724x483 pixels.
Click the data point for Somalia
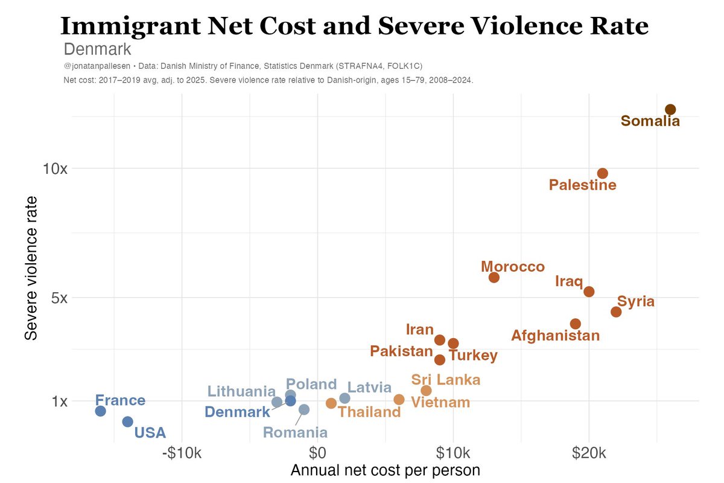pyautogui.click(x=670, y=109)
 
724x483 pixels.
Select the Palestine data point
pyautogui.click(x=602, y=173)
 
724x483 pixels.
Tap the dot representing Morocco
pyautogui.click(x=494, y=277)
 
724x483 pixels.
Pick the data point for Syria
pyautogui.click(x=616, y=312)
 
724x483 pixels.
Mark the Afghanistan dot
pyautogui.click(x=576, y=324)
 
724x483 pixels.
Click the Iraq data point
pyautogui.click(x=589, y=292)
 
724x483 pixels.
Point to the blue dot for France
pyautogui.click(x=101, y=411)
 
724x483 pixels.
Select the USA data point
pyautogui.click(x=127, y=421)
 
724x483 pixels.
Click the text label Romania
pyautogui.click(x=296, y=432)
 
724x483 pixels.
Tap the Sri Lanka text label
pyautogui.click(x=446, y=380)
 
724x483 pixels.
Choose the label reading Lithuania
pyautogui.click(x=241, y=391)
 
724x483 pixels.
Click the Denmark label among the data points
pyautogui.click(x=237, y=412)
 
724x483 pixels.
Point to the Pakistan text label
pyautogui.click(x=401, y=351)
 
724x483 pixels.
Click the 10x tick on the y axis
pyautogui.click(x=55, y=168)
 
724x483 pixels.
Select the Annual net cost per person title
pyautogui.click(x=386, y=470)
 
